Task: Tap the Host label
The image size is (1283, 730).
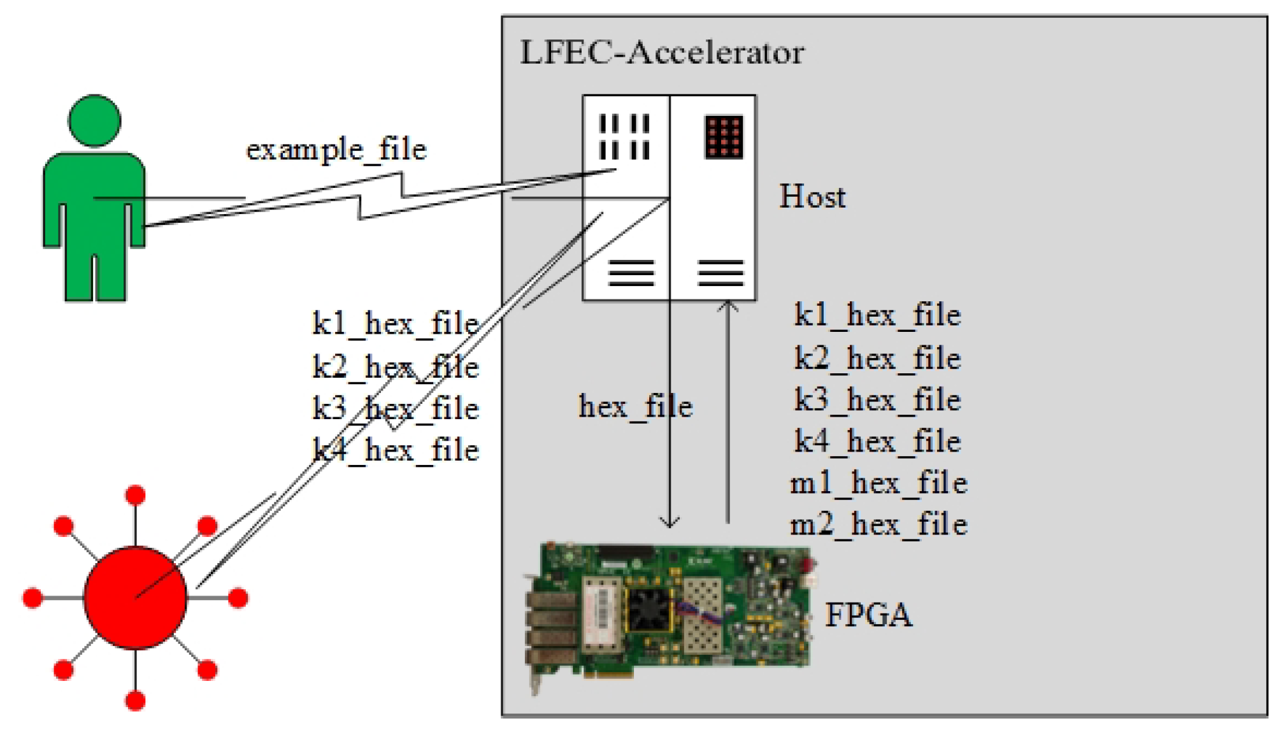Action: (x=812, y=197)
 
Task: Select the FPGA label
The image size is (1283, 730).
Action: (x=868, y=615)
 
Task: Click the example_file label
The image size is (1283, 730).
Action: (x=336, y=150)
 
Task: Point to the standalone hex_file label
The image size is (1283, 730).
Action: (x=634, y=406)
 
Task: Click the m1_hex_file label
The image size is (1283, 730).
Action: (x=878, y=483)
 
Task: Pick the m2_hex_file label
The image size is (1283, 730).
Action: (x=878, y=525)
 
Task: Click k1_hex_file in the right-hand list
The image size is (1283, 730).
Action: (x=877, y=315)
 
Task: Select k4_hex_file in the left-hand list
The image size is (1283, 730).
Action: (x=395, y=450)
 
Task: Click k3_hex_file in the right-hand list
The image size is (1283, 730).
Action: (x=877, y=400)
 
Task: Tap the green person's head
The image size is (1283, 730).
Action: (x=94, y=121)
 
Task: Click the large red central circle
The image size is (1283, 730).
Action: (x=135, y=598)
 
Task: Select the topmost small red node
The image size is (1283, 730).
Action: (x=135, y=495)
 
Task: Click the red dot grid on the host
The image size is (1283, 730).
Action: (x=724, y=136)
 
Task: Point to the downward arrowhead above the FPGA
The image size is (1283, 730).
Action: (x=669, y=522)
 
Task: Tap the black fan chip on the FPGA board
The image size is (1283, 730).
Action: (x=649, y=609)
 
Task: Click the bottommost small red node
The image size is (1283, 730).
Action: (x=135, y=701)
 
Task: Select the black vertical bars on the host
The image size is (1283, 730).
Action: (x=624, y=136)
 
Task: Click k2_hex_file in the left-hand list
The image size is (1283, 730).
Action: (x=395, y=368)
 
